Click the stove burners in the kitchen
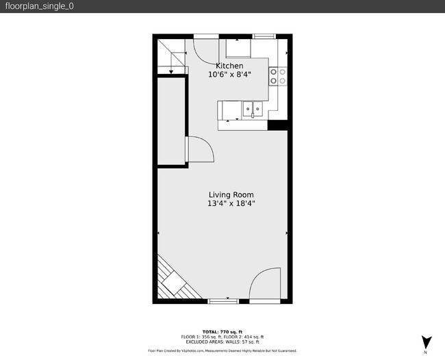point(277,75)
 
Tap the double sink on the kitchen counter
point(252,108)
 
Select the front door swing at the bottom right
point(265,285)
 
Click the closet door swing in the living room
point(200,149)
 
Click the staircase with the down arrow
point(172,55)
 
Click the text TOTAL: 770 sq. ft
point(222,332)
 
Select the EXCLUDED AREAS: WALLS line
point(222,342)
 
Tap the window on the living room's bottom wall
point(222,301)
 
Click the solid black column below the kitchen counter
point(277,125)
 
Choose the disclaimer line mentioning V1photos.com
point(222,350)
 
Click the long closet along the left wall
point(171,122)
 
